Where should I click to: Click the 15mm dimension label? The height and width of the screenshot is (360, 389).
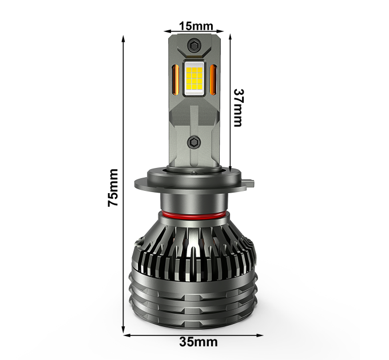(196, 26)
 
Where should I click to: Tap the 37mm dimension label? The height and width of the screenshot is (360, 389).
(238, 108)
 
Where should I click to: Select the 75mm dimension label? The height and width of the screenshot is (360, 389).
(113, 187)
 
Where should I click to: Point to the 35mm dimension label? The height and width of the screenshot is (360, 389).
(199, 342)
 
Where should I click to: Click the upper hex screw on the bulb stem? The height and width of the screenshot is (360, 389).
(194, 45)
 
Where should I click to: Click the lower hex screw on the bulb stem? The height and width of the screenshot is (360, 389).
(193, 142)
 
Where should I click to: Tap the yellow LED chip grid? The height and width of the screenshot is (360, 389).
(194, 78)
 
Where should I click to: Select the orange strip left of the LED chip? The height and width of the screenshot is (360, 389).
(176, 79)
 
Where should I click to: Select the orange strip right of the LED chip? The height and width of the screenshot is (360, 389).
(213, 79)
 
